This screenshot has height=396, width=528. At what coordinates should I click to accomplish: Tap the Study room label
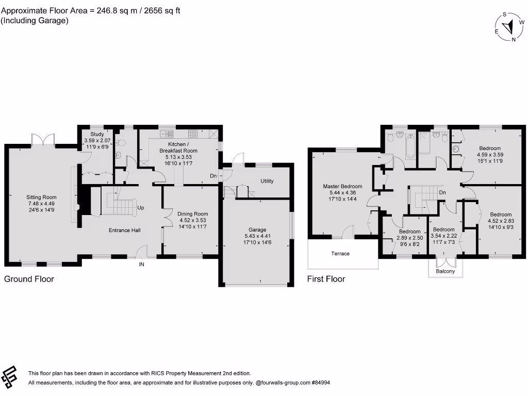coord(97,134)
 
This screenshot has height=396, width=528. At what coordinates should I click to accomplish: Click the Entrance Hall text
coord(125,230)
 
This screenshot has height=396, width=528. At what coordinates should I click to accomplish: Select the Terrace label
coord(340,254)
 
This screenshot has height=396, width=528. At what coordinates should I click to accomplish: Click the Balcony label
coord(445,271)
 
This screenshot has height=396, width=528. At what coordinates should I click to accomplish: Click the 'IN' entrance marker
coord(141,265)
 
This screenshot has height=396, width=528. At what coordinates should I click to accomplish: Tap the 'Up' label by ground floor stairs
coord(140,209)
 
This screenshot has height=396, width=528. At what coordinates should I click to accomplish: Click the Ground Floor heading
coord(29,279)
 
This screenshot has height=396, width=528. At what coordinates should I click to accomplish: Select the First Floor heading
coord(326,279)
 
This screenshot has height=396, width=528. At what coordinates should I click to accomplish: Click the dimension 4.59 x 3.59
coord(489,154)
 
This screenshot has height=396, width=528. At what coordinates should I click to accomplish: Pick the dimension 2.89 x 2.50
coord(409,238)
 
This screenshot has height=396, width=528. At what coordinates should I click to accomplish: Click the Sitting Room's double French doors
coord(43,140)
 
